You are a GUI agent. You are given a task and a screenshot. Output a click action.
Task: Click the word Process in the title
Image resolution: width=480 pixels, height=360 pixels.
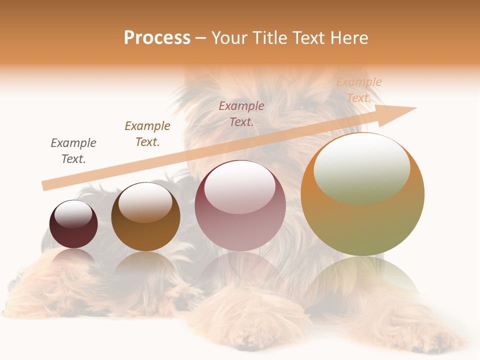point(157,38)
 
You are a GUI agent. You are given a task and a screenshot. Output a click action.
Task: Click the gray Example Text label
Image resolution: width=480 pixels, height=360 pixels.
point(73,151)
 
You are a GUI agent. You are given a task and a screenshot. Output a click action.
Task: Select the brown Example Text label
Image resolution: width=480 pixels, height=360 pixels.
point(147,134)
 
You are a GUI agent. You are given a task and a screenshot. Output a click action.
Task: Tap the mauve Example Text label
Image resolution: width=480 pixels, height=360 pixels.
point(241,114)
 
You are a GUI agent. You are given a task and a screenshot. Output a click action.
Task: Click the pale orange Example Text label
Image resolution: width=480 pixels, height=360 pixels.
point(358,90)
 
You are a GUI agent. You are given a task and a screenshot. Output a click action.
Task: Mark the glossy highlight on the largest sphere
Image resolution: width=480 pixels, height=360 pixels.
point(361,167)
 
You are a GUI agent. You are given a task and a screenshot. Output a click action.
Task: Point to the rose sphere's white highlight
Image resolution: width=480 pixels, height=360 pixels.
point(240,186)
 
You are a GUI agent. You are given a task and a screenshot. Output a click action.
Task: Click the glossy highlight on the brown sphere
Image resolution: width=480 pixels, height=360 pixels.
point(145,201)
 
